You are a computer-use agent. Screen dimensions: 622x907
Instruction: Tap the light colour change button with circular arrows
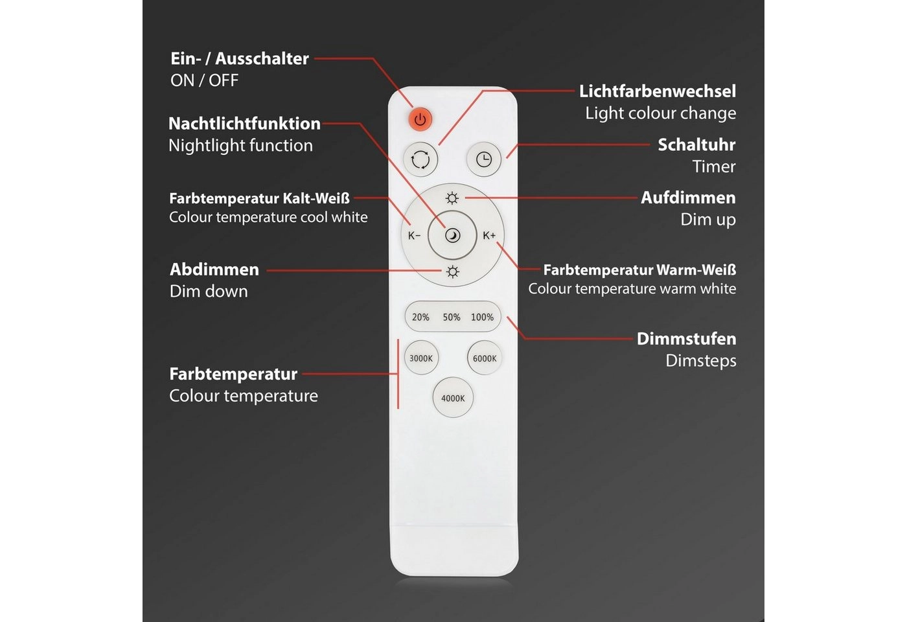pos(420,159)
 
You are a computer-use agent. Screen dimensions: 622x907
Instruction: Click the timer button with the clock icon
pos(484,159)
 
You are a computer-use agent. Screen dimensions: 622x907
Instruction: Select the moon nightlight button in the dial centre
pos(452,235)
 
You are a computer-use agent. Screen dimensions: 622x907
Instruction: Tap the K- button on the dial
pos(415,235)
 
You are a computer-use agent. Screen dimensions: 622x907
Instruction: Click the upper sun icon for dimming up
pos(452,198)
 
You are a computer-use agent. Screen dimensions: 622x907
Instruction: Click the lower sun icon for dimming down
pos(452,271)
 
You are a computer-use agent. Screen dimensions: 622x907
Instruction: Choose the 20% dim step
pos(420,317)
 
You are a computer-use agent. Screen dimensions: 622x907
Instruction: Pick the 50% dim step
pos(452,317)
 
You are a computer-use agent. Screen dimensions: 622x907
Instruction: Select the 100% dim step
pos(482,317)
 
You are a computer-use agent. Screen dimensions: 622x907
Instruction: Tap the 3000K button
pos(421,358)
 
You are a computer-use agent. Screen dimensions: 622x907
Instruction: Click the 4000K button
pos(453,398)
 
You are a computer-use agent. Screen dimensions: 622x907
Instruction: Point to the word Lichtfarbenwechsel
pos(657,91)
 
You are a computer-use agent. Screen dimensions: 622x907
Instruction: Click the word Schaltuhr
pos(696,144)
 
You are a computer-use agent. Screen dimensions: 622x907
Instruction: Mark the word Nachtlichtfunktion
pos(244,124)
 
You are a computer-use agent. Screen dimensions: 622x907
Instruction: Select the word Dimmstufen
pos(686,339)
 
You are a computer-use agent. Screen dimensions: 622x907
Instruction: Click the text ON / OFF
pos(204,80)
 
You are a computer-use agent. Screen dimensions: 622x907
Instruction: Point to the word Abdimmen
pos(214,270)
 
